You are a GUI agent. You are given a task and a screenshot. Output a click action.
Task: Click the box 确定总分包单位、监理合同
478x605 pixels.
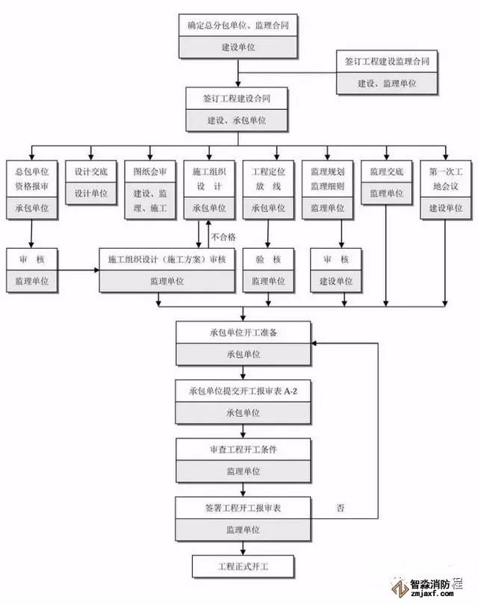(x=238, y=25)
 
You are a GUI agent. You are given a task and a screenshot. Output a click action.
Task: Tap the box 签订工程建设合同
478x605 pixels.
(x=237, y=99)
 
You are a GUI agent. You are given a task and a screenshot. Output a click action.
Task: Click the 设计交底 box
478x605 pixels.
(x=90, y=173)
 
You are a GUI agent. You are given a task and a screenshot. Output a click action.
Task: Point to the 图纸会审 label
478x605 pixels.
(x=150, y=173)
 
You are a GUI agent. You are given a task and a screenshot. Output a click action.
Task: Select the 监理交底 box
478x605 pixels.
(x=385, y=173)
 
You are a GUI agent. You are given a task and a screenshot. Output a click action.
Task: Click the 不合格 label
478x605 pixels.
(x=223, y=237)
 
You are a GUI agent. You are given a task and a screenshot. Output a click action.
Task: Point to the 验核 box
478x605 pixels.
(x=268, y=259)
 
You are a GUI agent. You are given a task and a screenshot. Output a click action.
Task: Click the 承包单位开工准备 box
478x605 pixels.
(x=243, y=332)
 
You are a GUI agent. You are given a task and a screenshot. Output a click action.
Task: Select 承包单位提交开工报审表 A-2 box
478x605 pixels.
(x=243, y=391)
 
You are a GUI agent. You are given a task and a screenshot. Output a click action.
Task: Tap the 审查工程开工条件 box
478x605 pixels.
(x=243, y=450)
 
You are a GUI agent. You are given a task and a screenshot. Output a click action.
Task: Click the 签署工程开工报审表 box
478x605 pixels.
(x=243, y=508)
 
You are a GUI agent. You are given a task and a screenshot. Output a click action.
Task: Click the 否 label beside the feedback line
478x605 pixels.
(x=341, y=509)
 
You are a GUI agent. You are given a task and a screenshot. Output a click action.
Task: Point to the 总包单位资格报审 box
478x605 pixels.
(x=31, y=179)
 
